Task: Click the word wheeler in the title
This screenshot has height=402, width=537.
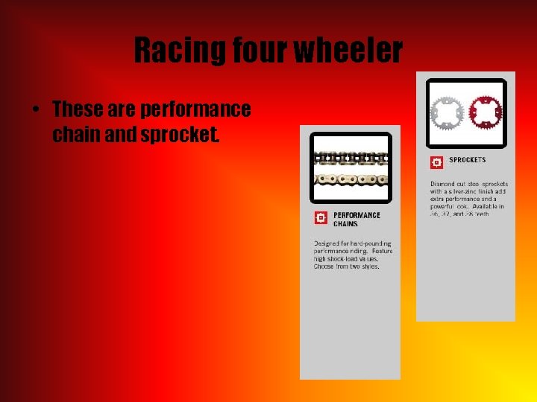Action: point(348,51)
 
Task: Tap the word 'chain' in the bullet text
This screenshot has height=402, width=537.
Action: point(78,135)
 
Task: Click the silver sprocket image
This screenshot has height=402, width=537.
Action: point(446,112)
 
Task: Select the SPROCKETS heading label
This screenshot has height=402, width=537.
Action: point(467,160)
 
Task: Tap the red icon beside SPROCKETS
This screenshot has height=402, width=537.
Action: point(436,162)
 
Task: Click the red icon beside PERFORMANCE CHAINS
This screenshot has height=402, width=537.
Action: point(321,217)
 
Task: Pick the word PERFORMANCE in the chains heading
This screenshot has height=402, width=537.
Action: point(357,215)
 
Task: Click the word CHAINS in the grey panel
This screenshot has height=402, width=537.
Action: point(345,224)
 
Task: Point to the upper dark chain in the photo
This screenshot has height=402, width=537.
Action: point(350,158)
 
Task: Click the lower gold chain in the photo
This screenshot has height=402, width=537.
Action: point(350,179)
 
